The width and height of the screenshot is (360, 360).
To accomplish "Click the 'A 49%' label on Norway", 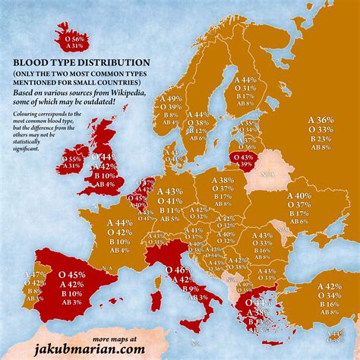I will (173, 99).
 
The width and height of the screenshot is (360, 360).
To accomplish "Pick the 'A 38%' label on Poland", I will (223, 181).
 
